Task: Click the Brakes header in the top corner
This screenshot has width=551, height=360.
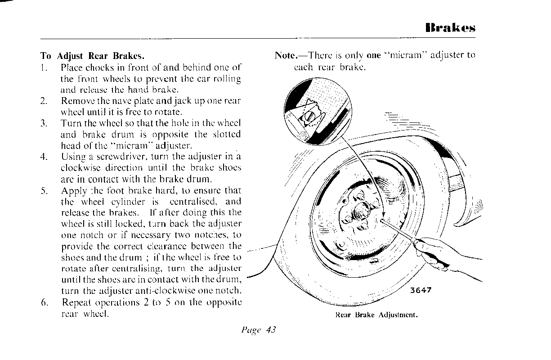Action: coord(450,28)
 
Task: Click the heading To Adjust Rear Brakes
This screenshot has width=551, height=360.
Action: coord(92,56)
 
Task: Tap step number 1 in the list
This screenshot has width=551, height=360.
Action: coord(43,68)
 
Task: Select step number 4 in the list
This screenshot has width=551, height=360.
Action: coord(43,157)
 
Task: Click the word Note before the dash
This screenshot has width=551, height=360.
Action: coord(284,56)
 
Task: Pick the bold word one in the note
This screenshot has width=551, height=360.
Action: coord(374,56)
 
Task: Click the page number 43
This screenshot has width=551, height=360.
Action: coord(270,330)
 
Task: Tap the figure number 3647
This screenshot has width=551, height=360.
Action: coord(421,290)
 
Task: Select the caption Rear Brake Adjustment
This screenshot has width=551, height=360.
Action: coord(377,315)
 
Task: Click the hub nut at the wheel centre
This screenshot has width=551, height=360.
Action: coord(361,210)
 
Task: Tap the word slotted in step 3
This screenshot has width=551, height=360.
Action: coord(227,135)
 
